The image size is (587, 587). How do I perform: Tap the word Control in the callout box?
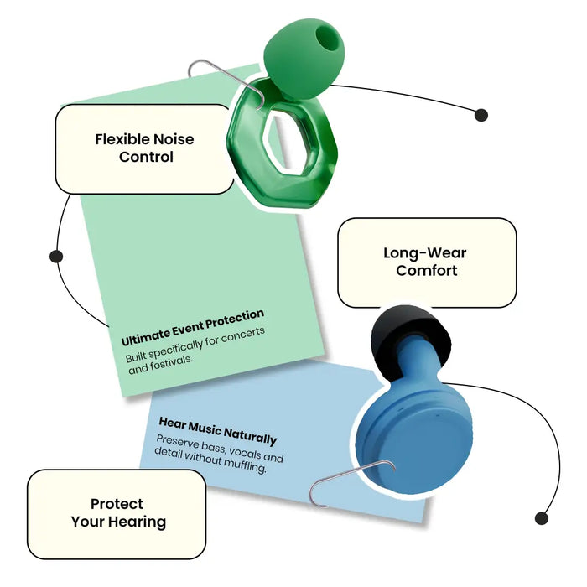tap(146, 157)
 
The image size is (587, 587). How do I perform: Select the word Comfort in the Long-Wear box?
tap(426, 270)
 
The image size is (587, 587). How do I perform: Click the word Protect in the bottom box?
tap(117, 504)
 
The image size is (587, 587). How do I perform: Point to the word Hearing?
tap(140, 522)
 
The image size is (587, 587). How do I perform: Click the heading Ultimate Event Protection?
tap(193, 328)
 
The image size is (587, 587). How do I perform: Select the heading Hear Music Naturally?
tap(218, 431)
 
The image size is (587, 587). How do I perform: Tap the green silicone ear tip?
tap(304, 58)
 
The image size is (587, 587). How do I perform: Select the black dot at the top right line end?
tap(481, 115)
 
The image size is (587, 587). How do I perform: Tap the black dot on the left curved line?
tap(56, 257)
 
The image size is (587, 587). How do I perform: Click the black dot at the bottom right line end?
tap(542, 518)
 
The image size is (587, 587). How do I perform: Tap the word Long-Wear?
tap(425, 253)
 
